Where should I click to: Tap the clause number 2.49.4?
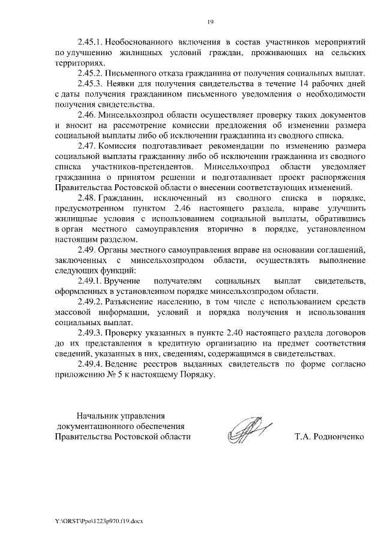pyautogui.click(x=92, y=364)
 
